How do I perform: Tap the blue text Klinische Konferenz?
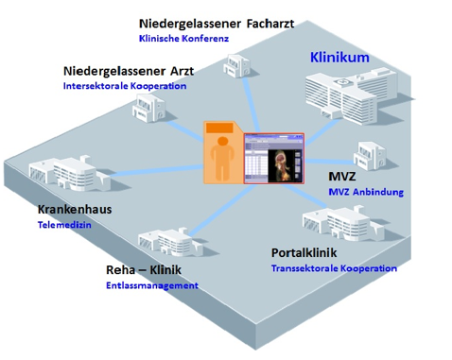(183, 39)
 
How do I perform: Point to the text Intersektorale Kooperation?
(124, 86)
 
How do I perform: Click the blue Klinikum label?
(339, 58)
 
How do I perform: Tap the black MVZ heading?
(341, 177)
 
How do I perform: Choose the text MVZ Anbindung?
(366, 192)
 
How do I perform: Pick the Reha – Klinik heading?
(143, 269)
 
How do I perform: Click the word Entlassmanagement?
(152, 284)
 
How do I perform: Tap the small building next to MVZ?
(369, 153)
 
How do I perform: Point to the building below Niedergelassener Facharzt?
(234, 63)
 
